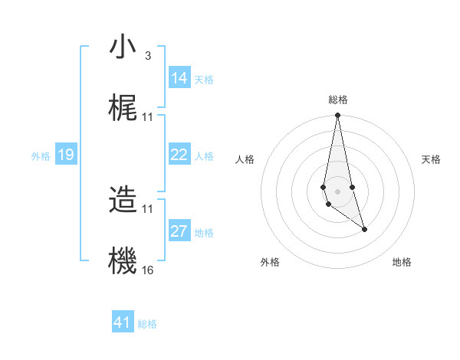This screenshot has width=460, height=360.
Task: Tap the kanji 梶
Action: coord(123,108)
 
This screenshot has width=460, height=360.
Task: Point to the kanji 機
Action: coord(123,260)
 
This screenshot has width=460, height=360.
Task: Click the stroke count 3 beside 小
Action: coord(147,56)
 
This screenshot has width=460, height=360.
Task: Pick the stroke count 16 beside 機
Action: coord(148,270)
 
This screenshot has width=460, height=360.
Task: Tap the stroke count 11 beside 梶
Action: coord(148,117)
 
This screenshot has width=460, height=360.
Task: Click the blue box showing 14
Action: coord(179,78)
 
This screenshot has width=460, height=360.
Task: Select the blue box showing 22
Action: coord(179,155)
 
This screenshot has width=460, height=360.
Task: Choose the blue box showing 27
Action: coord(179,231)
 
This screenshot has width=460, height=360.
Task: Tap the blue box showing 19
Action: coord(66,155)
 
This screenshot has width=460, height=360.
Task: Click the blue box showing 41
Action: coord(123,322)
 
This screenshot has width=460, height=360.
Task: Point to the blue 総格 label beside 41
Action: coord(147,324)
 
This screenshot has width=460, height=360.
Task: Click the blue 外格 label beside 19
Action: coord(41,156)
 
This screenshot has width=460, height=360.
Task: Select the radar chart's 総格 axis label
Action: coord(338,100)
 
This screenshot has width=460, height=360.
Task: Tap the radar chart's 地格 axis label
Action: coord(402,262)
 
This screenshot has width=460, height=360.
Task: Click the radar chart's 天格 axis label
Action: coord(431,159)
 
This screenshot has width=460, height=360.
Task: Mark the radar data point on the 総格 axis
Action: coord(338,116)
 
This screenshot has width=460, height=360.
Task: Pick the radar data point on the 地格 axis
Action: coord(364,229)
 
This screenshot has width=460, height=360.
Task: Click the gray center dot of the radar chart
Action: coord(338,191)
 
